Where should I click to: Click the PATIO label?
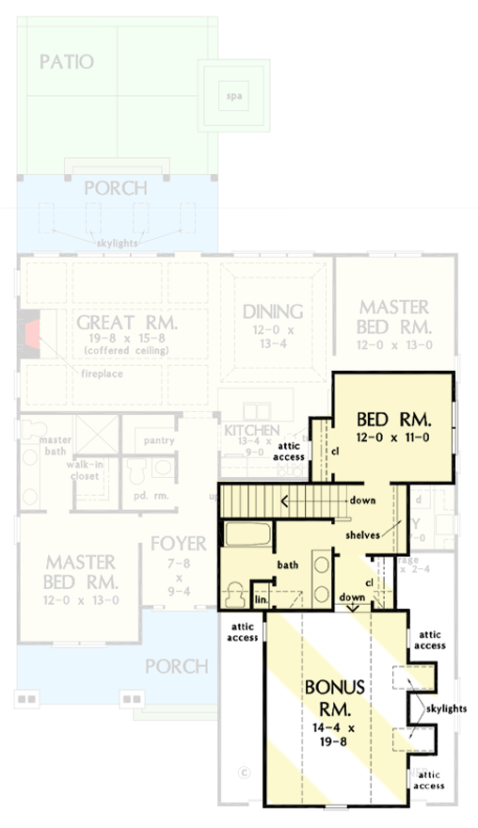(67, 62)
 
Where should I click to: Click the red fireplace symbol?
(33, 330)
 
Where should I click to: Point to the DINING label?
(272, 311)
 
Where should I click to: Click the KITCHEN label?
(251, 431)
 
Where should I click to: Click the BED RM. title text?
(393, 418)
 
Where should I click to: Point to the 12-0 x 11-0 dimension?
(393, 438)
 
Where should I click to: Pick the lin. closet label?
(261, 599)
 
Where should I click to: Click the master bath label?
(56, 445)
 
